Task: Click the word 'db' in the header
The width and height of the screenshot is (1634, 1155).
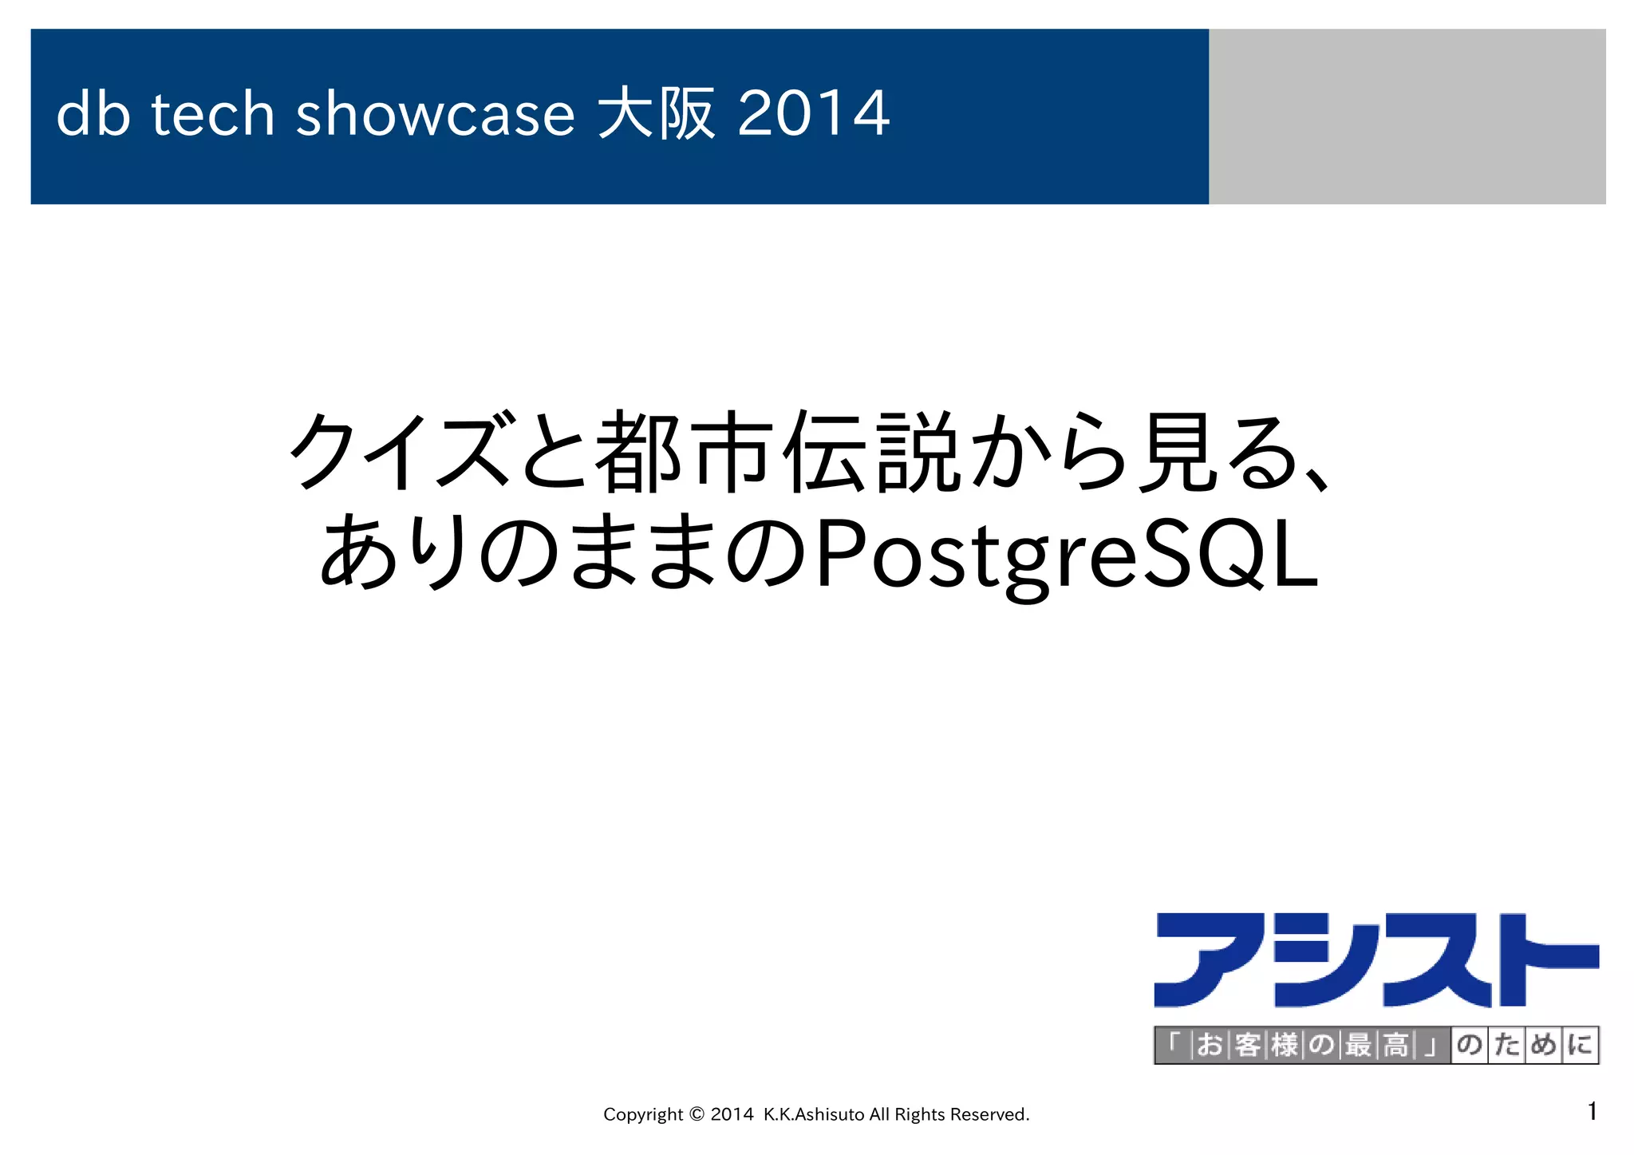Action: [x=93, y=113]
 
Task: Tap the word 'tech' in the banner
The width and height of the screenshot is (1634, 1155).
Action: [x=213, y=113]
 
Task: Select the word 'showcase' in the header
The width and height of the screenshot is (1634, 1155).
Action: [x=435, y=113]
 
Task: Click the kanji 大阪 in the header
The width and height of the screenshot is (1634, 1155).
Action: [x=656, y=113]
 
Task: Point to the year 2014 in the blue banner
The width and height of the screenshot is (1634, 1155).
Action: [x=813, y=113]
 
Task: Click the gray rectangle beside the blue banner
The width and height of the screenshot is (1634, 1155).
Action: [x=1406, y=117]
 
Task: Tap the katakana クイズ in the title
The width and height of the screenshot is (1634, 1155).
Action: [x=399, y=451]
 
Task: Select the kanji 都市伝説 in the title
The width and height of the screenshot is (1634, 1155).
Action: [x=778, y=451]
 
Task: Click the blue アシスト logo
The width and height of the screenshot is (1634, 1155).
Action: [x=1375, y=960]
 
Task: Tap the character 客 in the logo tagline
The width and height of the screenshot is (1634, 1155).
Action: [x=1247, y=1045]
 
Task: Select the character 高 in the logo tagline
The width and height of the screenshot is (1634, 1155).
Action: [x=1396, y=1045]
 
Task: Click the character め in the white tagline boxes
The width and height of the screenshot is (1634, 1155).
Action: [x=1543, y=1045]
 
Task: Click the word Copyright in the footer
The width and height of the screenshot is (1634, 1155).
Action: [x=643, y=1114]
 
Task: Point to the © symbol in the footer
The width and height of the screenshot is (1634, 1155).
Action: [x=696, y=1113]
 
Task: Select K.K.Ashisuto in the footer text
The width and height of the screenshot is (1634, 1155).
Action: [x=814, y=1114]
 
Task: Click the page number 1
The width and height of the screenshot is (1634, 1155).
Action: [x=1592, y=1111]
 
